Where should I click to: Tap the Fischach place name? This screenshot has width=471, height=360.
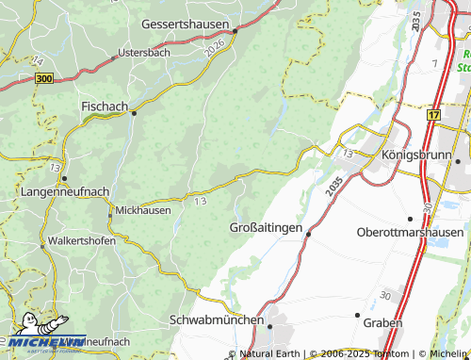[x=105, y=106]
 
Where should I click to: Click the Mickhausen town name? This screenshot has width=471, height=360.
[x=143, y=210]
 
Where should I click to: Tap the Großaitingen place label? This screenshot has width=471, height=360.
[x=267, y=228]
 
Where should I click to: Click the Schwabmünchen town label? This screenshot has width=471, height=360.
[x=217, y=320]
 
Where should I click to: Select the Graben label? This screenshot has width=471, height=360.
[x=382, y=322]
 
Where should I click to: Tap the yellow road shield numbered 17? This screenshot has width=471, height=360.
[x=432, y=115]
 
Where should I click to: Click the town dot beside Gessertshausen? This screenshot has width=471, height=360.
[x=235, y=30]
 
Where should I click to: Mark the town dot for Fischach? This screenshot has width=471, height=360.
[x=134, y=113]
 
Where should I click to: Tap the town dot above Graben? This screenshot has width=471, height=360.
[x=357, y=314]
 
